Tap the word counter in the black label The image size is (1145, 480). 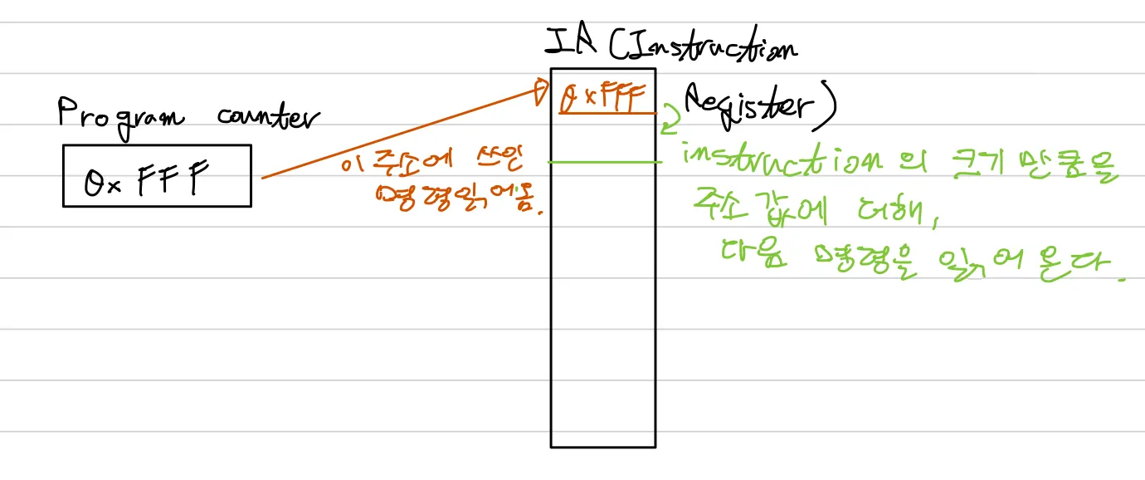(x=267, y=117)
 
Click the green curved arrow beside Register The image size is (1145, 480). (x=670, y=122)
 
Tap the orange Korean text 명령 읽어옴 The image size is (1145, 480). (x=461, y=199)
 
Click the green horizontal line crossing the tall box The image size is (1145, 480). (x=603, y=163)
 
